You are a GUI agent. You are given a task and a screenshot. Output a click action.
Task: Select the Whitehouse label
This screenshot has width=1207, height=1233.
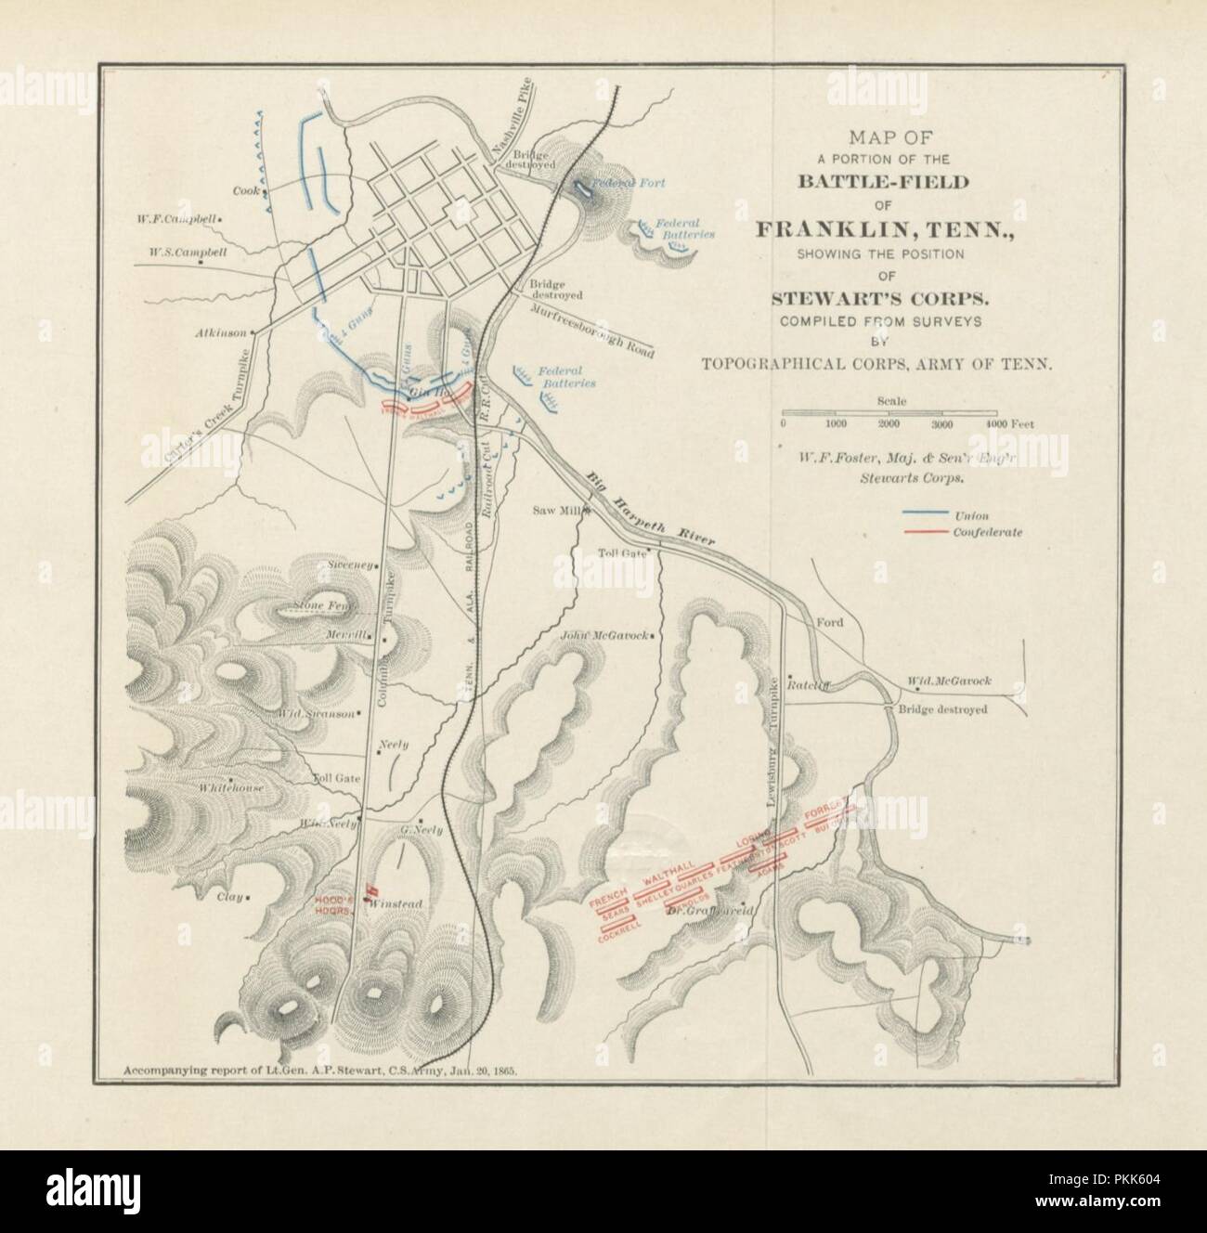pyautogui.click(x=231, y=788)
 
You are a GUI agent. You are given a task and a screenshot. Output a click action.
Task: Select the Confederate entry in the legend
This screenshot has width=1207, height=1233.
pyautogui.click(x=987, y=533)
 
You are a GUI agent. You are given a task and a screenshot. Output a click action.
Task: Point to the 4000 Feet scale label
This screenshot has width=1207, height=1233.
pyautogui.click(x=1008, y=423)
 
